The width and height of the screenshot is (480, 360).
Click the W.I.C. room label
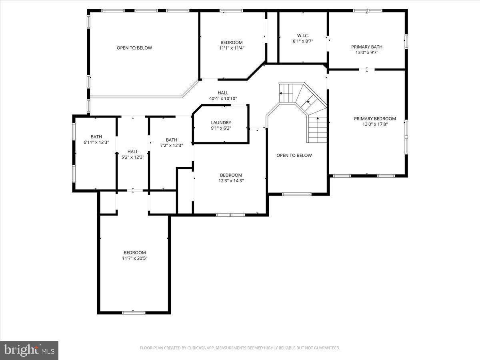point(303,35)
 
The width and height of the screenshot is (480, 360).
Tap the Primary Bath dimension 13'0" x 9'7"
point(367,52)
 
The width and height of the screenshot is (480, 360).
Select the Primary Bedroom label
point(375,118)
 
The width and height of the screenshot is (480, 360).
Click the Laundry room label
point(221,123)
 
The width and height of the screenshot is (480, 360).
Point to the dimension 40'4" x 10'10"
point(223,98)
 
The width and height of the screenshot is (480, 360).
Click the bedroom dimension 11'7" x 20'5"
point(134,258)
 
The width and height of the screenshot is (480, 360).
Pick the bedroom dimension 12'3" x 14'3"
point(231,180)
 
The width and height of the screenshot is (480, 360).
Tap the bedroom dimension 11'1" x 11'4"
point(232,48)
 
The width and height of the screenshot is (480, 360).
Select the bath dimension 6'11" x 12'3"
point(96,142)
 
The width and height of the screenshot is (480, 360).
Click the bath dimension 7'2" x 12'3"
point(172,145)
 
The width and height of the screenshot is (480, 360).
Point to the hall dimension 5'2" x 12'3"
point(133,157)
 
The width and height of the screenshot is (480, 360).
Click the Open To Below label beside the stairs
point(294,155)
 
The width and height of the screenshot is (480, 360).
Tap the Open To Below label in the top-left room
point(134,48)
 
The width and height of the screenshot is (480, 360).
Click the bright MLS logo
point(29,350)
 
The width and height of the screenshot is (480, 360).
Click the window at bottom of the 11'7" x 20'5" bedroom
point(134,312)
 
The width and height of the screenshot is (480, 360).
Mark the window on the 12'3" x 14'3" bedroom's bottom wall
point(231,215)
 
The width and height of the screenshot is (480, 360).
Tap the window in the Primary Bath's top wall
point(367,11)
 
